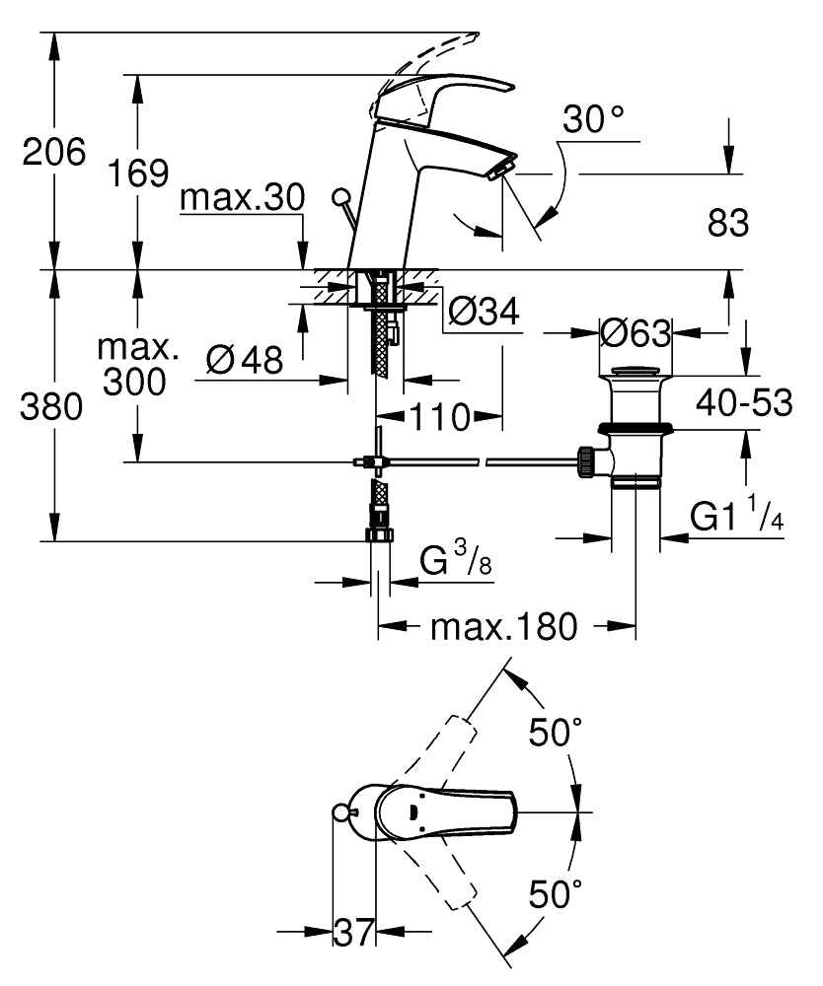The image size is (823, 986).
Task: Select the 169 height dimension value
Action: click(137, 174)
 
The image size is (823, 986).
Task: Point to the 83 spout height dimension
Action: click(728, 224)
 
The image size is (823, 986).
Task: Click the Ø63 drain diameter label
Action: click(636, 333)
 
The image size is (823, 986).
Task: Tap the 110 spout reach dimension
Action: click(440, 417)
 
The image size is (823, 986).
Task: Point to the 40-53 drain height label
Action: click(744, 402)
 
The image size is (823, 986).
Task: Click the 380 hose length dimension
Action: click(51, 407)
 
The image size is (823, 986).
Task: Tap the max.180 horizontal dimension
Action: click(502, 626)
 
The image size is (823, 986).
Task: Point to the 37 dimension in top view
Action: click(352, 930)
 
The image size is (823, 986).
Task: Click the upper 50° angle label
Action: click(556, 733)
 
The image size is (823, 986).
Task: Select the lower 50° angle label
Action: click(556, 895)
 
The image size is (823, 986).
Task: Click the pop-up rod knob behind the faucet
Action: click(342, 195)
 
